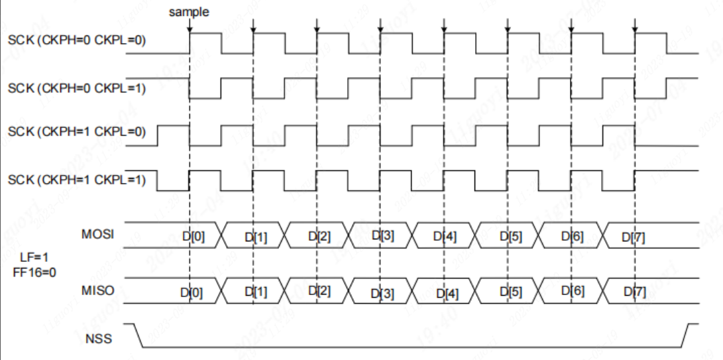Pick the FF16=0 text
click(32, 271)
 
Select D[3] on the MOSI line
click(382, 235)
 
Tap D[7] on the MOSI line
click(634, 236)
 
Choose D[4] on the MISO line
click(446, 292)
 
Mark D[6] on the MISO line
click(573, 291)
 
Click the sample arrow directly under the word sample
click(190, 27)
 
